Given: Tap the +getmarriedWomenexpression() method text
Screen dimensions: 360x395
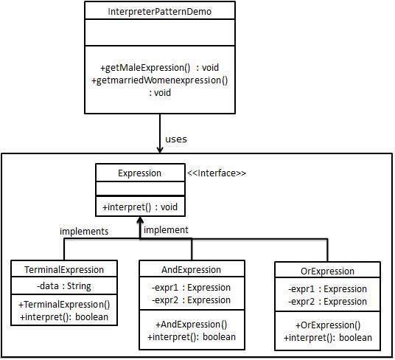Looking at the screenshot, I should [159, 80].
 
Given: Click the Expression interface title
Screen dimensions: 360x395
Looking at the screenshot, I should [139, 173].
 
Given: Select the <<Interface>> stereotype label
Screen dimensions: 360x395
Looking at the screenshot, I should [217, 173].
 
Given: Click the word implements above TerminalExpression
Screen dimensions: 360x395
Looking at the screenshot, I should [84, 231].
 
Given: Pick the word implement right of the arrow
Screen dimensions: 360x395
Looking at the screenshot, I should [166, 230].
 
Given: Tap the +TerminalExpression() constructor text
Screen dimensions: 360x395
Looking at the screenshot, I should [64, 305].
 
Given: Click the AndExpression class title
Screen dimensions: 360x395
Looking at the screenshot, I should [191, 269].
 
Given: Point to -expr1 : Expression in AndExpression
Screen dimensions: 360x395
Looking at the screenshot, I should [191, 288].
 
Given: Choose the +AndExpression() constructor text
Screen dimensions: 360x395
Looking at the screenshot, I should [191, 324].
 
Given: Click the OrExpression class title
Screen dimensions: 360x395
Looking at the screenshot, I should [328, 271].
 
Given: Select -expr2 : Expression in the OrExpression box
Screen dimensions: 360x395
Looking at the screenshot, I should [328, 301].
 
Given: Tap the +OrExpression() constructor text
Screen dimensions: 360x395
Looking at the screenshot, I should [328, 325].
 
